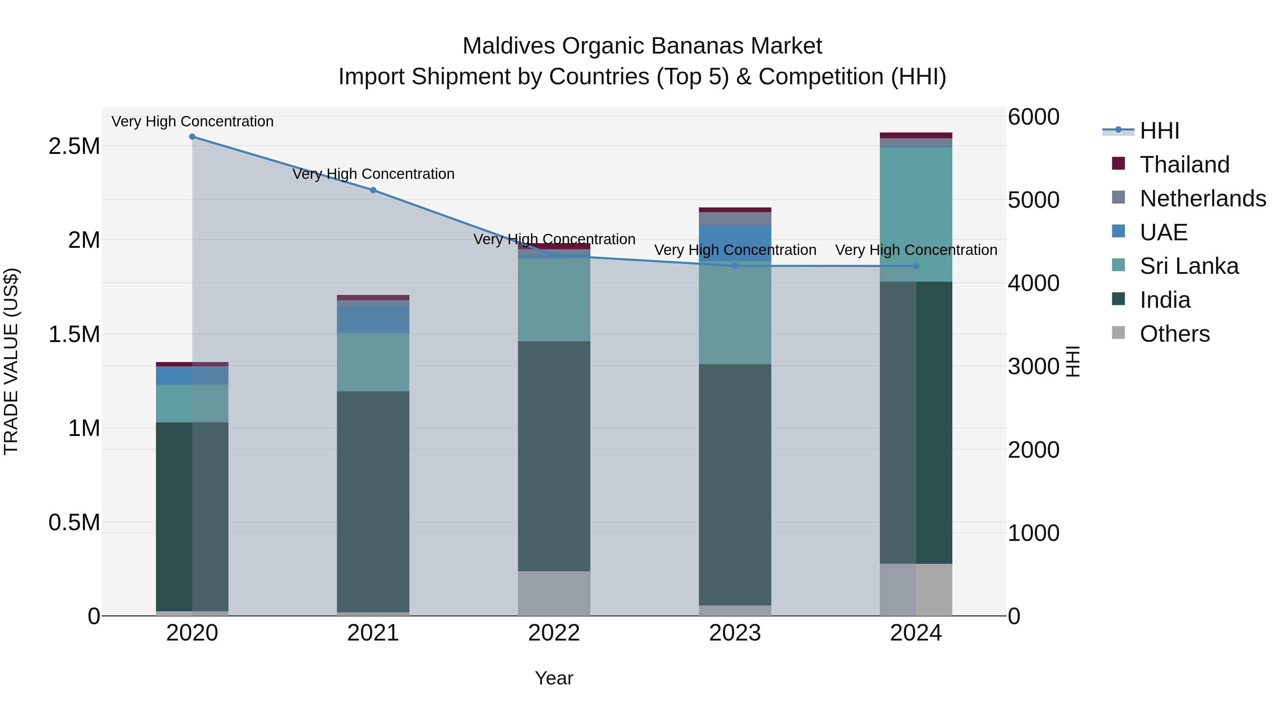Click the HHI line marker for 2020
[192, 137]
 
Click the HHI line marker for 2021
[373, 190]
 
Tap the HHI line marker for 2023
[735, 266]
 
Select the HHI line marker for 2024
[916, 266]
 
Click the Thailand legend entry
[1184, 165]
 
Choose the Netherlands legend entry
[1202, 199]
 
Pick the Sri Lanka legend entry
[1189, 266]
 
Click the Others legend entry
[1174, 334]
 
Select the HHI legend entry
[1159, 131]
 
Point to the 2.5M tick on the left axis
[74, 146]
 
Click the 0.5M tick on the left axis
[74, 522]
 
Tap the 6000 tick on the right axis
[1033, 117]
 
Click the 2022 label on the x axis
[554, 633]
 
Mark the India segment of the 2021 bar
[373, 502]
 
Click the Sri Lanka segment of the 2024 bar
[916, 215]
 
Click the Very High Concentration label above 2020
[192, 121]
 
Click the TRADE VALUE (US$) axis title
[11, 361]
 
